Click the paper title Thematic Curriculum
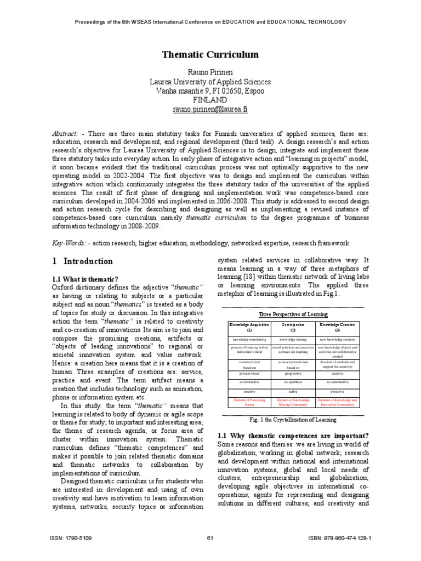click(x=210, y=55)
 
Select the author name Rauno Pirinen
click(x=210, y=71)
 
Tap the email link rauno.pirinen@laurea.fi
click(x=210, y=109)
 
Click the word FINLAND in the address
click(x=210, y=100)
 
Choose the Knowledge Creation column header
click(x=337, y=327)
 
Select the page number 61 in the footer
click(x=210, y=539)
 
